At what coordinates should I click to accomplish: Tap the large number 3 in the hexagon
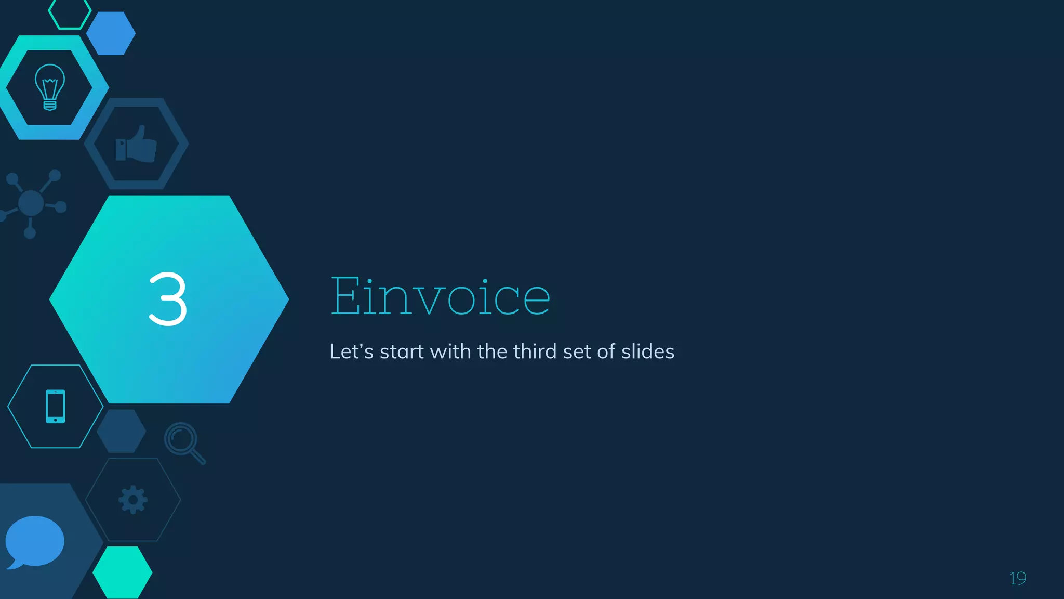pyautogui.click(x=167, y=299)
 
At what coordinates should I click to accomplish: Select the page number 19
pyautogui.click(x=1018, y=578)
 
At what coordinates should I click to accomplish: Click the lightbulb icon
pyautogui.click(x=50, y=87)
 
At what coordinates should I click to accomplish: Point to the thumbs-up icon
pyautogui.click(x=136, y=144)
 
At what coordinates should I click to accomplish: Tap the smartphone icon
pyautogui.click(x=56, y=406)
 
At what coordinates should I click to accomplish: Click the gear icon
pyautogui.click(x=133, y=500)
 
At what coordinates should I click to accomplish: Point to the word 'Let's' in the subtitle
pyautogui.click(x=351, y=351)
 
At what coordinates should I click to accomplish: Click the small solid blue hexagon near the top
pyautogui.click(x=111, y=33)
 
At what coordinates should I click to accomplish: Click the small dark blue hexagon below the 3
pyautogui.click(x=122, y=431)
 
